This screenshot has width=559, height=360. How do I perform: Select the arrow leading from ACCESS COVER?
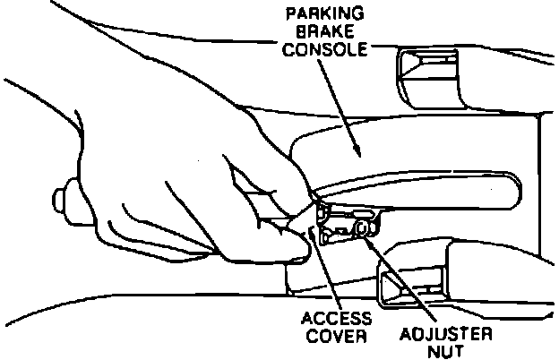[x=325, y=269]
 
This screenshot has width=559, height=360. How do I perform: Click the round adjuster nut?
[x=362, y=229]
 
